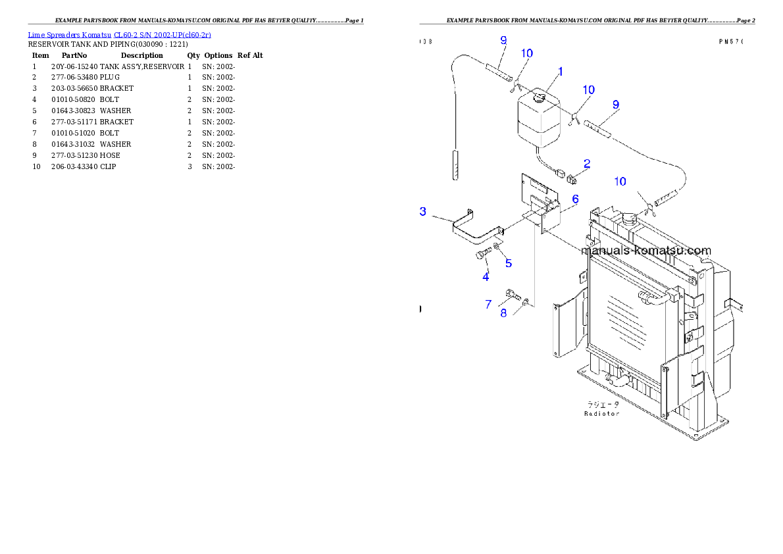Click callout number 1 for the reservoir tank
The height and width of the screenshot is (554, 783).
click(x=561, y=71)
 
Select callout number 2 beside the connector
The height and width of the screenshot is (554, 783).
click(x=586, y=164)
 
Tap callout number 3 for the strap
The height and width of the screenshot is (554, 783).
click(x=423, y=211)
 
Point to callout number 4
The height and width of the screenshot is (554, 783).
click(x=486, y=276)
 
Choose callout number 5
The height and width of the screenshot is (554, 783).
click(x=509, y=263)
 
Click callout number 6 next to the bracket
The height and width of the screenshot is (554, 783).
click(x=574, y=199)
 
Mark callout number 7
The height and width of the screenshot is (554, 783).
click(x=488, y=304)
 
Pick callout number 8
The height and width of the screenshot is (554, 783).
click(x=503, y=313)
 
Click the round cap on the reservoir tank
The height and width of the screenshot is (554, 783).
click(x=540, y=99)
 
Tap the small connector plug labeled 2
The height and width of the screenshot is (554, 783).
click(x=571, y=177)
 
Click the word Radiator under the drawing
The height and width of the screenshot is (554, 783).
click(x=601, y=414)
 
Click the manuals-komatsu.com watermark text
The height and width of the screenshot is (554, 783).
click(x=646, y=251)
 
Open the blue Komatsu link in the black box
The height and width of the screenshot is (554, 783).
click(x=119, y=34)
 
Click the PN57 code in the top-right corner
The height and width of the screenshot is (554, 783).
click(x=730, y=41)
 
